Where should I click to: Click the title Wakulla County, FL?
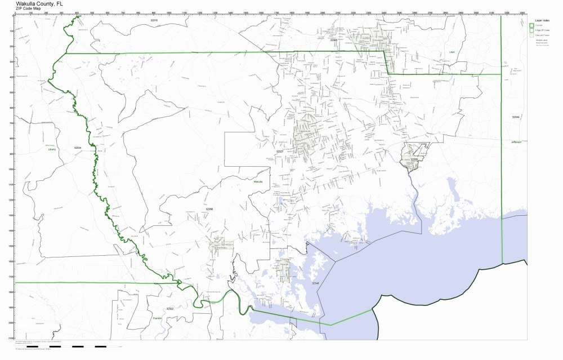click(x=40, y=3)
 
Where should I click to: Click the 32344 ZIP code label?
click(x=516, y=117)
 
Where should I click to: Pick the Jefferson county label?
click(x=516, y=142)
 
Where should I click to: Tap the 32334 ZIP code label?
click(x=78, y=148)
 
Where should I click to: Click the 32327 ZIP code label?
click(x=280, y=152)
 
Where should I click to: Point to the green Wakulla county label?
click(x=257, y=182)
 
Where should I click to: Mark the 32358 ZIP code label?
click(x=209, y=209)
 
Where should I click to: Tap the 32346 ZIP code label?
click(x=315, y=283)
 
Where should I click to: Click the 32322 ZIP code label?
click(x=169, y=309)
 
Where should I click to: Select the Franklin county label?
click(x=158, y=318)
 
